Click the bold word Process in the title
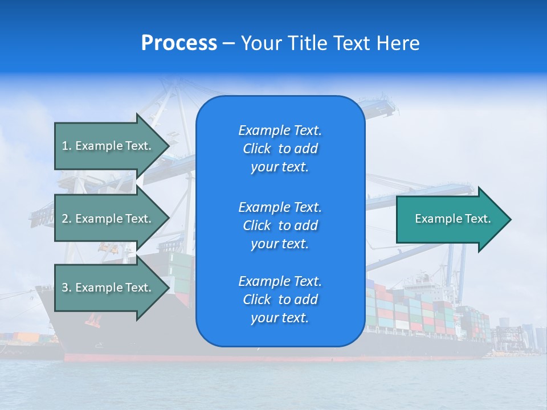click(179, 43)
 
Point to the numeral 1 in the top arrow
click(64, 146)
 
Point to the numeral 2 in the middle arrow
click(65, 219)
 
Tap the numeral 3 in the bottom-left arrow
click(65, 288)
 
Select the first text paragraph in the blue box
click(280, 149)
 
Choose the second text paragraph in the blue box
click(280, 225)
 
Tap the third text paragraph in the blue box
click(280, 300)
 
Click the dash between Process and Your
click(228, 44)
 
